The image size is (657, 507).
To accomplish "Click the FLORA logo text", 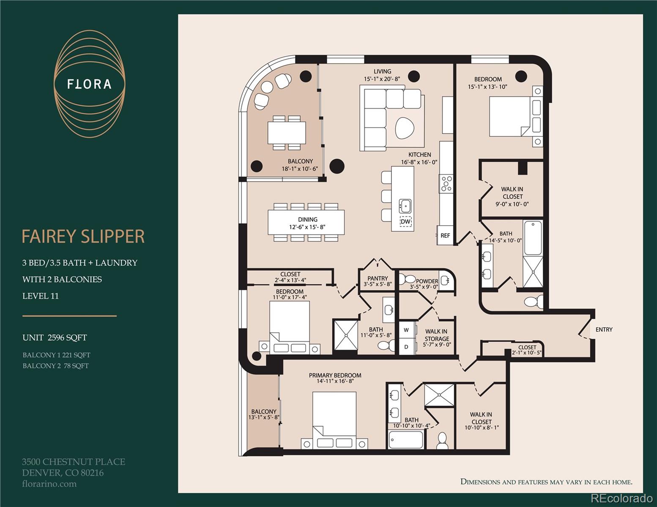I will tap(89, 84).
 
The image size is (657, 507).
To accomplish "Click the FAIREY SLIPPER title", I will tap(83, 237).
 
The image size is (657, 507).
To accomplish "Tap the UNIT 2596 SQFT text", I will tap(55, 338).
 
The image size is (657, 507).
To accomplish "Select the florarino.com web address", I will tap(49, 484).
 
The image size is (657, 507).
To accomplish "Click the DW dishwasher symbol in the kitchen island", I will tap(405, 221).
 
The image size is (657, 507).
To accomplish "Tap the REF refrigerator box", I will tap(445, 236).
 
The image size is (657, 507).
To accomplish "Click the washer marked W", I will tap(406, 330).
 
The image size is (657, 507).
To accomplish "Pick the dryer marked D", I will tap(406, 347).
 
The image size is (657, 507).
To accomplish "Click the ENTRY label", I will tap(604, 330).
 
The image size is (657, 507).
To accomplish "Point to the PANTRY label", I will tap(378, 278).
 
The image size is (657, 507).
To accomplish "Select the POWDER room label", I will tap(427, 281).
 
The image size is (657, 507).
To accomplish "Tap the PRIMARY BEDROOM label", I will tap(335, 375).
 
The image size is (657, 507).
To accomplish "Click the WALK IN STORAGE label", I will tap(436, 335).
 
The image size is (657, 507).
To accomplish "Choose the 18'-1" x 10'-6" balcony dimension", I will tap(300, 169).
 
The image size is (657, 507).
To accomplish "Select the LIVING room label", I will tap(382, 71).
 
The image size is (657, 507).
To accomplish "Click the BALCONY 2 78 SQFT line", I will tap(55, 366).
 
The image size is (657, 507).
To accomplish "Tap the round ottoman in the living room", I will tap(405, 127).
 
